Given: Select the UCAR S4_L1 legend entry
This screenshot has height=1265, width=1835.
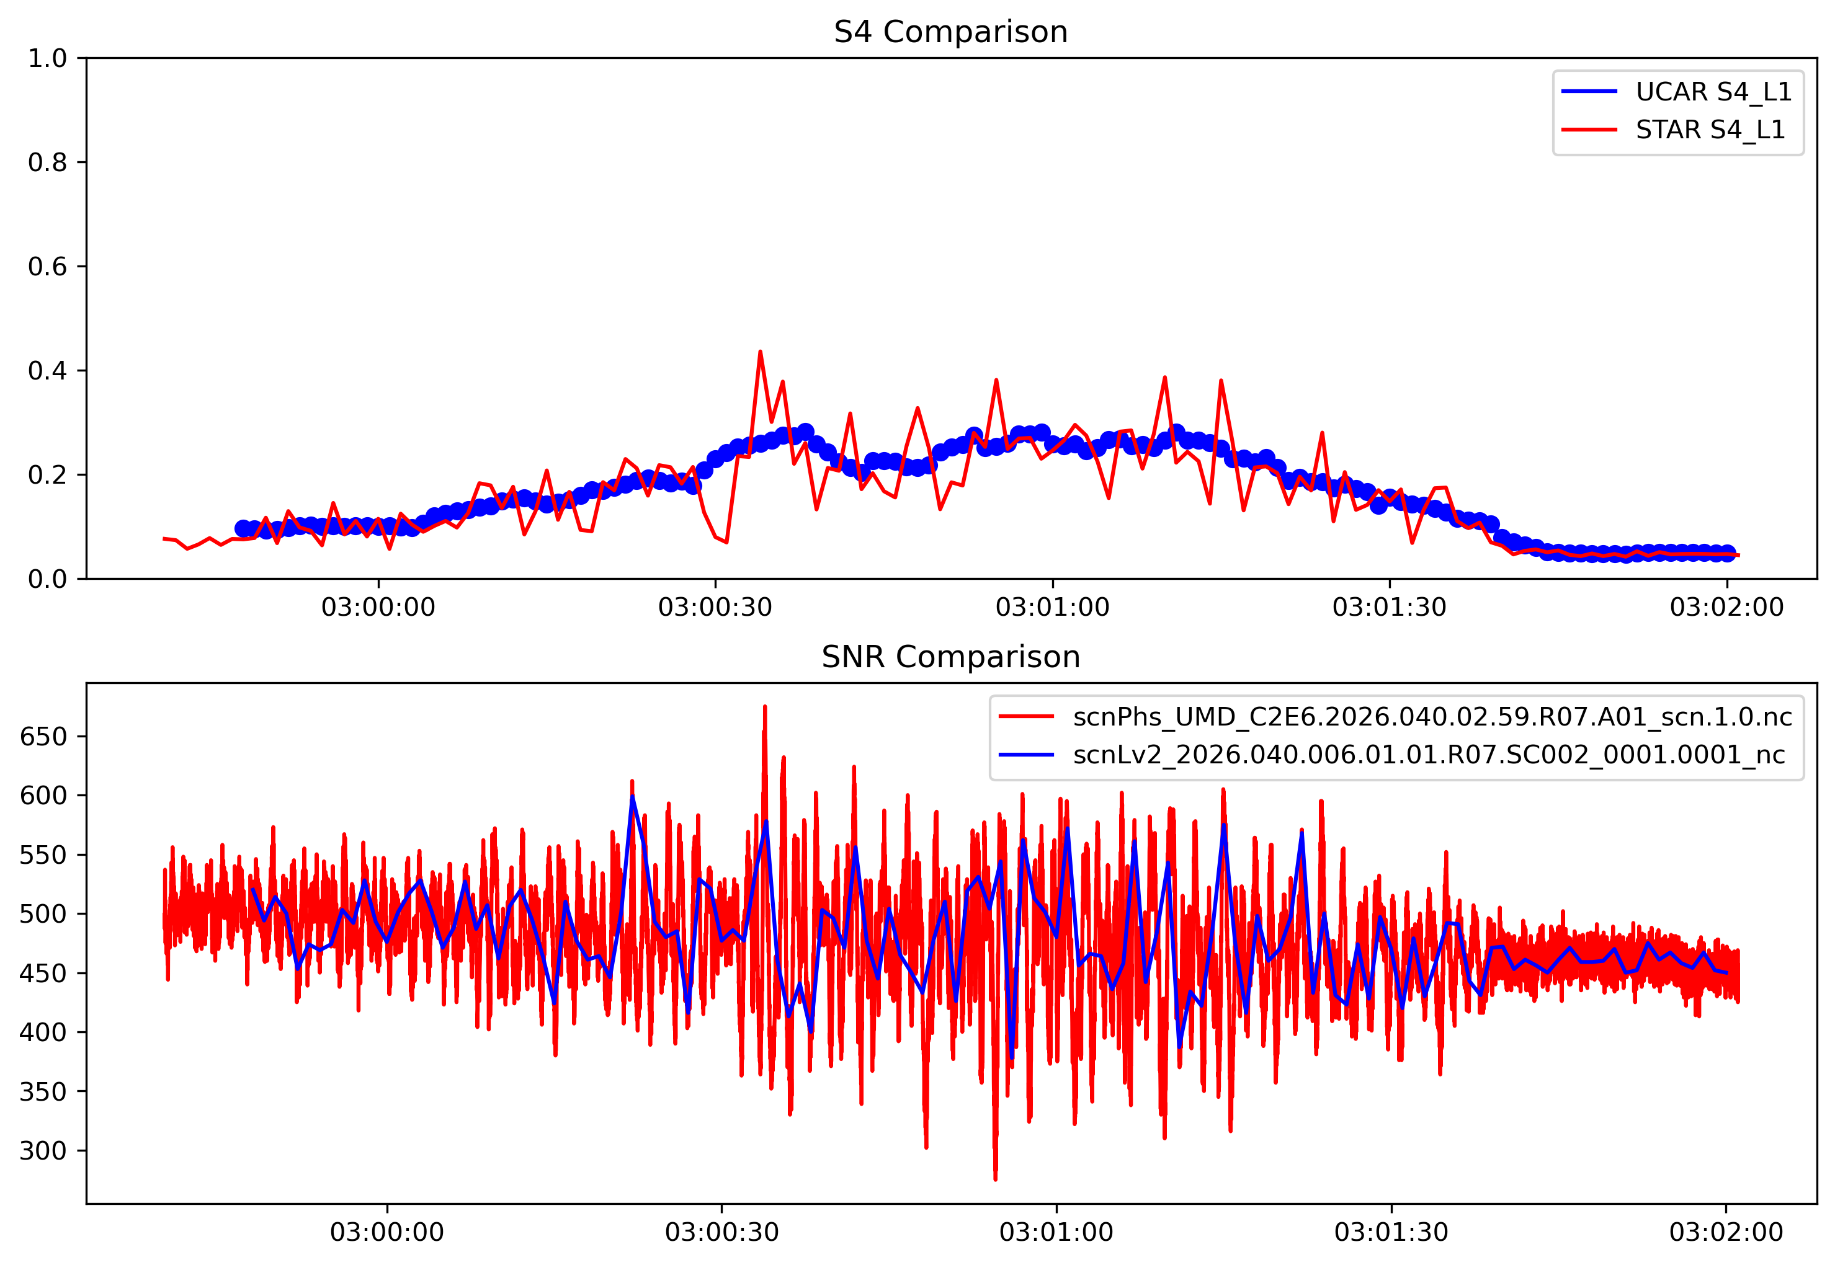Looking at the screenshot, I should pyautogui.click(x=1713, y=92).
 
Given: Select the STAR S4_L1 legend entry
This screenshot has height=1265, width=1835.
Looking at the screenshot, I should pyautogui.click(x=1710, y=129).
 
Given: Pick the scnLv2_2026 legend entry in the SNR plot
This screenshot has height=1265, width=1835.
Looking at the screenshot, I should pyautogui.click(x=1428, y=754).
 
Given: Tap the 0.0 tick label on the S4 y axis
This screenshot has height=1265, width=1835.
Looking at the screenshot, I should pyautogui.click(x=48, y=579).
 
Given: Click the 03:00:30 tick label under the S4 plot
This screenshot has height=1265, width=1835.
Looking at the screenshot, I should pyautogui.click(x=715, y=607).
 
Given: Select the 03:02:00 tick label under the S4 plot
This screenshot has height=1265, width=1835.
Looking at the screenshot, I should pyautogui.click(x=1726, y=607).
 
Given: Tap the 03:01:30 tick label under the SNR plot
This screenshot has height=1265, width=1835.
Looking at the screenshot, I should pyautogui.click(x=1391, y=1233).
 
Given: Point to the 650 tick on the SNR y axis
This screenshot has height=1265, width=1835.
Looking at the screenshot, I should pyautogui.click(x=43, y=736).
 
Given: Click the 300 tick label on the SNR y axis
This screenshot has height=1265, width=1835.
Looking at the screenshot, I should pyautogui.click(x=43, y=1151).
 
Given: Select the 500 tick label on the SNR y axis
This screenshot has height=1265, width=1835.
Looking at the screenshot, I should pyautogui.click(x=43, y=914).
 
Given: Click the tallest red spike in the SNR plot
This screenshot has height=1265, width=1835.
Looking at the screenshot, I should pyautogui.click(x=764, y=706).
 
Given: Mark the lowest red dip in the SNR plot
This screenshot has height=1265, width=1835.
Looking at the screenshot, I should pyautogui.click(x=995, y=1179).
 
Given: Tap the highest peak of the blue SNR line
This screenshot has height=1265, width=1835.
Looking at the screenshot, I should pyautogui.click(x=632, y=796).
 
